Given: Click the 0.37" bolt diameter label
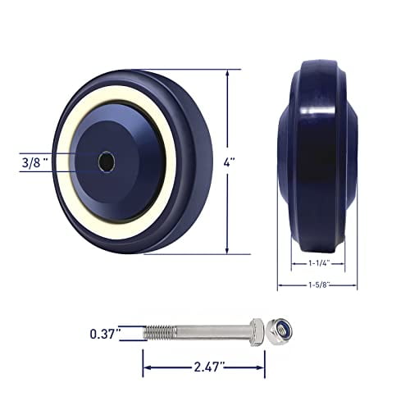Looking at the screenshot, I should [106, 333].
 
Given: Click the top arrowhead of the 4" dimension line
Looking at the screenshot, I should [226, 72].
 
